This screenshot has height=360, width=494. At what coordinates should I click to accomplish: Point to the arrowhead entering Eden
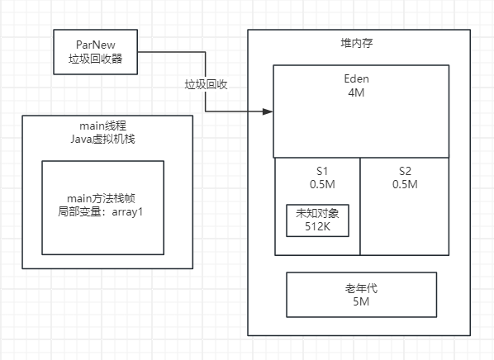coord(268,111)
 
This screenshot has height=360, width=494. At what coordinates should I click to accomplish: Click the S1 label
coord(317,170)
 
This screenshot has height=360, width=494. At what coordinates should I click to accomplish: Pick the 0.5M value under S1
coord(317,184)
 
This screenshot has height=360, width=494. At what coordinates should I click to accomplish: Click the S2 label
coord(405,170)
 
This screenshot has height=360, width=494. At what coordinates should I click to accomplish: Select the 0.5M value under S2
coord(405,184)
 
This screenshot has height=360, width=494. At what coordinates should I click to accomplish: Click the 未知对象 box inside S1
coord(317,220)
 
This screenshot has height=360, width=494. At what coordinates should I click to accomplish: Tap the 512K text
coord(317,227)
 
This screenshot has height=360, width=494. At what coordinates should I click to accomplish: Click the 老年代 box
coord(360,295)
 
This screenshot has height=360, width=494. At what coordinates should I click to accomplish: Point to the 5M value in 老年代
coord(360,303)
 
